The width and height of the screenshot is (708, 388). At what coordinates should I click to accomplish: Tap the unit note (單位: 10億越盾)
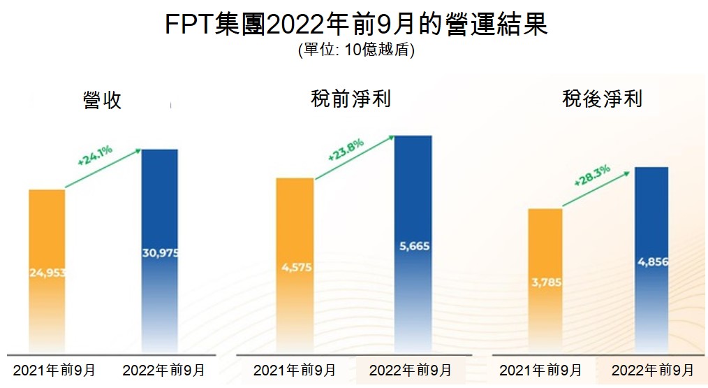(356, 51)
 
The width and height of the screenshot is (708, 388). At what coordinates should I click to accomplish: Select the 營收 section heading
(102, 100)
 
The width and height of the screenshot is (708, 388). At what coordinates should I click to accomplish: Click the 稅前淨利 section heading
(351, 99)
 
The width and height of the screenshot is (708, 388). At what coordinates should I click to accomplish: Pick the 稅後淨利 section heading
(602, 99)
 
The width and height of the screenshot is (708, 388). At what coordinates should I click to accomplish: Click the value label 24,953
(47, 272)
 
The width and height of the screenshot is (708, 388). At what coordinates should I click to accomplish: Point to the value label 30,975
(160, 252)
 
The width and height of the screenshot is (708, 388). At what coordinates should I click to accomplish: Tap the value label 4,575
(295, 266)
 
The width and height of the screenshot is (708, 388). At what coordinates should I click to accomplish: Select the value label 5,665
(413, 246)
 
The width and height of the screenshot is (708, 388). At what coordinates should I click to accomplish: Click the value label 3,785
(545, 283)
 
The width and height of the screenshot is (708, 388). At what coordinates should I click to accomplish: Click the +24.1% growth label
(95, 155)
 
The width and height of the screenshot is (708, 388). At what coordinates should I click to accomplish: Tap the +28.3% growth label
(592, 175)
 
